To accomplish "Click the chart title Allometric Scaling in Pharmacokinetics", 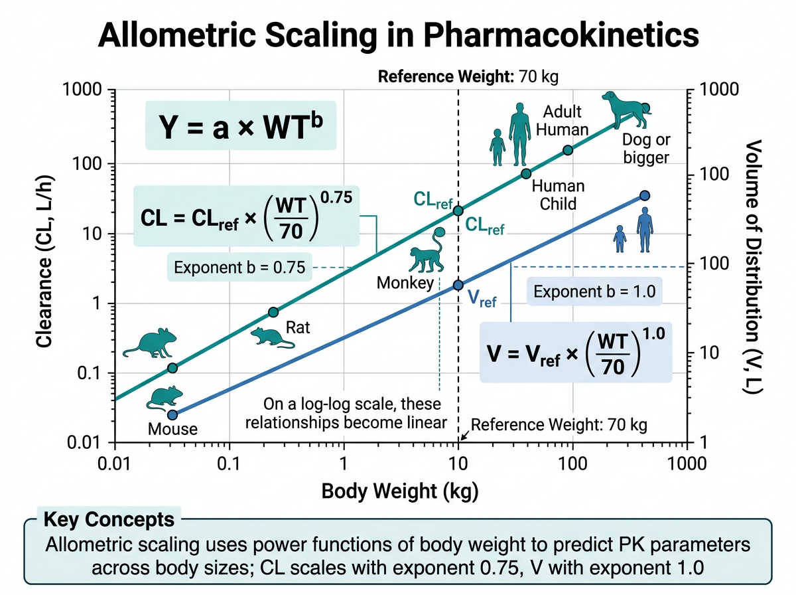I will (x=398, y=34).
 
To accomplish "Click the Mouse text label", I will (x=172, y=428).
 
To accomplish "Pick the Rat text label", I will (x=298, y=327).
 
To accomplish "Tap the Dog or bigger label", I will (x=646, y=148).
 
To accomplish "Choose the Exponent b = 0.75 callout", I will (x=239, y=268).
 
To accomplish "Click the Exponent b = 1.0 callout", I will (x=594, y=292).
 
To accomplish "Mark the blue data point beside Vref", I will (x=458, y=285).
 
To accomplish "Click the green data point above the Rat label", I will (x=273, y=312).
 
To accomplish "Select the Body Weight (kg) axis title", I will (x=399, y=492).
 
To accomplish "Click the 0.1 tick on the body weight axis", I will (x=230, y=460).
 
